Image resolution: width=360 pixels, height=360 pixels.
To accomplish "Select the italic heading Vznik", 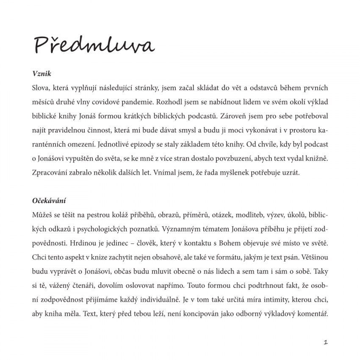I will tap(42, 74).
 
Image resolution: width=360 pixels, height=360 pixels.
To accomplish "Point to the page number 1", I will tap(326, 342).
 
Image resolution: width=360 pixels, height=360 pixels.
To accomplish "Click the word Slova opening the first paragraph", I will tap(41, 88).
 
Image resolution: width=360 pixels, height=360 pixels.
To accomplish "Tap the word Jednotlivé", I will tap(116, 144).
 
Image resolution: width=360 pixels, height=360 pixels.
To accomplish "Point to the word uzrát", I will tap(291, 172).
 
